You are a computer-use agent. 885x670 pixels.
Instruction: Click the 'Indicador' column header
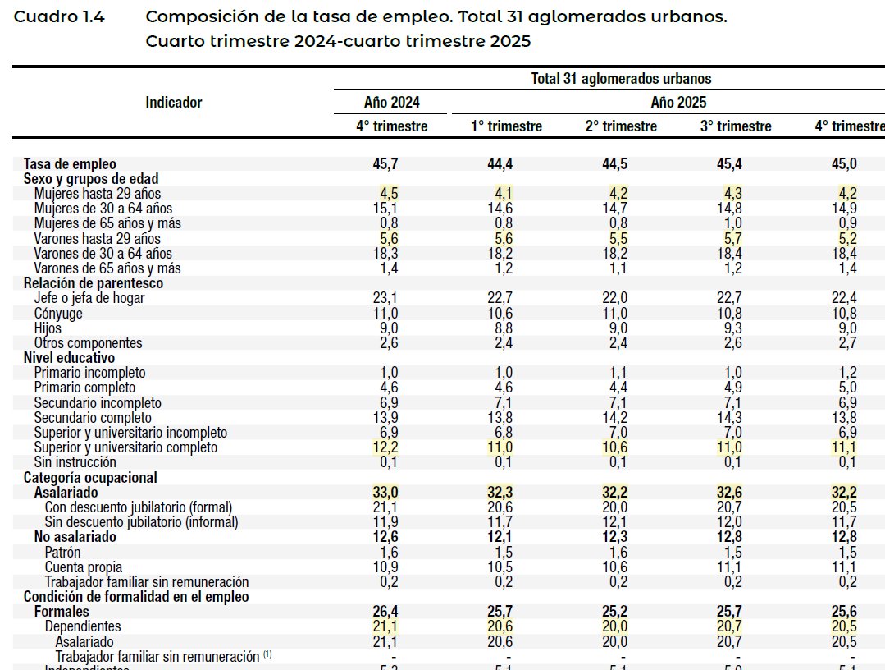[174, 103]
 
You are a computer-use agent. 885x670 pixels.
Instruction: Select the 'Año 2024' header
[392, 103]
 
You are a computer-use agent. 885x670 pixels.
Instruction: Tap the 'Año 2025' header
[678, 103]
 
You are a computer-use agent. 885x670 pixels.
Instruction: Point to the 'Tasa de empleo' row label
[70, 163]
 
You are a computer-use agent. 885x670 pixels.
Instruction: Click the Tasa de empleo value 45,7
[385, 163]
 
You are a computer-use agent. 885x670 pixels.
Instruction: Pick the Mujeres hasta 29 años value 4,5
[389, 194]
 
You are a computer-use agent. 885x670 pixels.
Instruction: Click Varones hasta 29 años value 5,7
[733, 239]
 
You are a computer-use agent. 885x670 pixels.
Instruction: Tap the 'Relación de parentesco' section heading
[93, 283]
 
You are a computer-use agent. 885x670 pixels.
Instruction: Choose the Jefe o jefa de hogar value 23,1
[385, 298]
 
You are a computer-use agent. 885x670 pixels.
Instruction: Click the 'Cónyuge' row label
[58, 314]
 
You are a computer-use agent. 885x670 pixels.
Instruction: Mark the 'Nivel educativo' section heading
[69, 358]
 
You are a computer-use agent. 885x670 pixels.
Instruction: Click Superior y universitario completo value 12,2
[385, 447]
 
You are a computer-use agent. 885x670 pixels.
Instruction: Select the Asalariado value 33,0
[385, 493]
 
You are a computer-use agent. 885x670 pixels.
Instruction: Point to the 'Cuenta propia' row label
[83, 567]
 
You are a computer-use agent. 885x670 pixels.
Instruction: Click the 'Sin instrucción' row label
[75, 462]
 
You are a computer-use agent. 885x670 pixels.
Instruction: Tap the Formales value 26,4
[385, 612]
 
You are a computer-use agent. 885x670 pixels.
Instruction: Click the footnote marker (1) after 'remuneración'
[267, 656]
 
